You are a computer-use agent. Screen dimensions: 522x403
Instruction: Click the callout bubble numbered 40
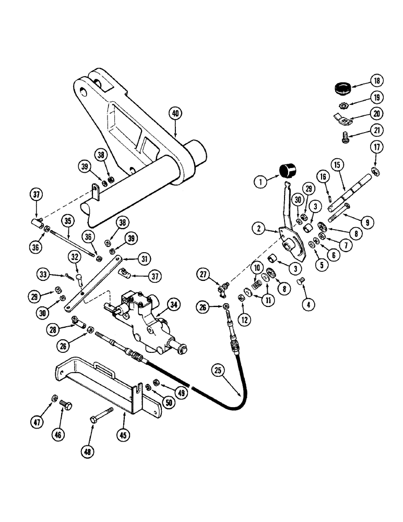[x=175, y=113]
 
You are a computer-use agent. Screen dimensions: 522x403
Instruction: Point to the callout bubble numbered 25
[x=218, y=371]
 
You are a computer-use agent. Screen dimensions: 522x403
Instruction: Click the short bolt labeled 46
[x=65, y=405]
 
